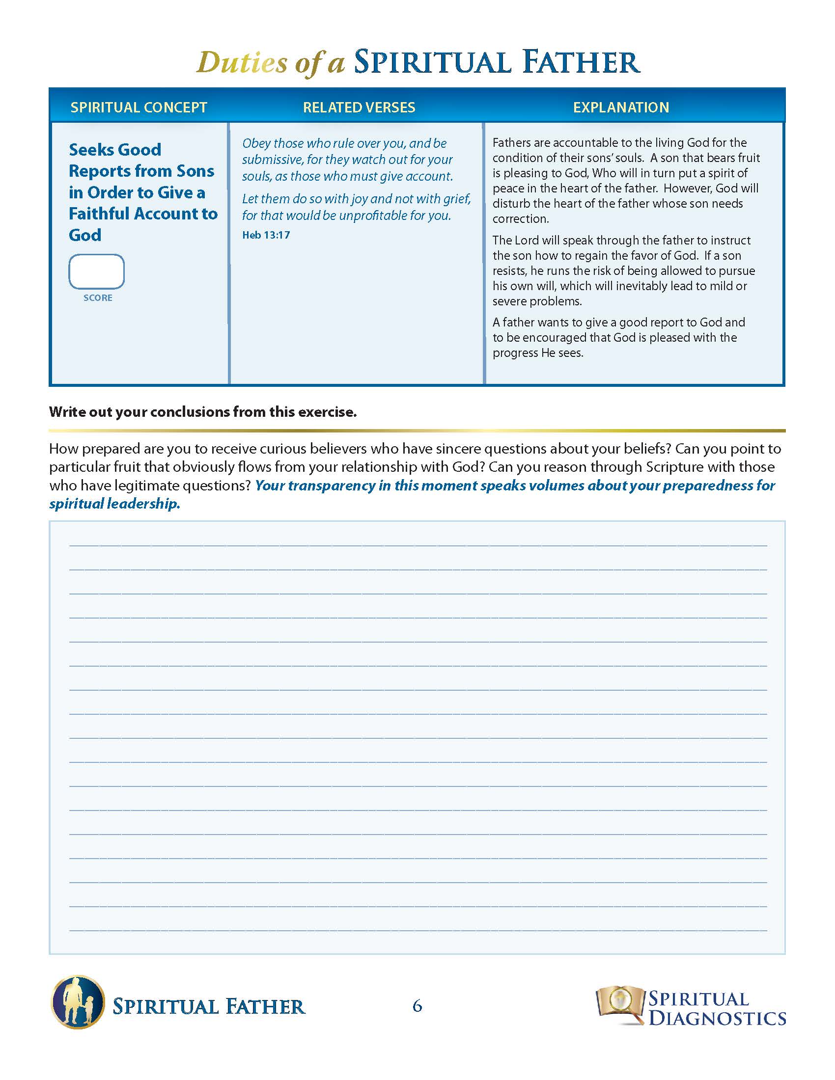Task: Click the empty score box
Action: coord(96,271)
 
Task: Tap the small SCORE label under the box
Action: coord(98,297)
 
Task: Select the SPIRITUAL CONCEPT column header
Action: coord(139,108)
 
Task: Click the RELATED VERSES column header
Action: coord(359,108)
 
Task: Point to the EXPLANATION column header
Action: coord(621,108)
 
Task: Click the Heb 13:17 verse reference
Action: coord(266,235)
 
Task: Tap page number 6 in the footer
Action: coord(417,1006)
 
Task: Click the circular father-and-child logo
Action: coord(78,1002)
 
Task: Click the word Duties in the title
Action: coord(242,63)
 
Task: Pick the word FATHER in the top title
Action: coord(582,62)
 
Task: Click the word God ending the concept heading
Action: coord(85,235)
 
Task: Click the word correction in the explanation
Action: coord(520,218)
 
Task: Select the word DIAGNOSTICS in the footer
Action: coord(717,1018)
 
